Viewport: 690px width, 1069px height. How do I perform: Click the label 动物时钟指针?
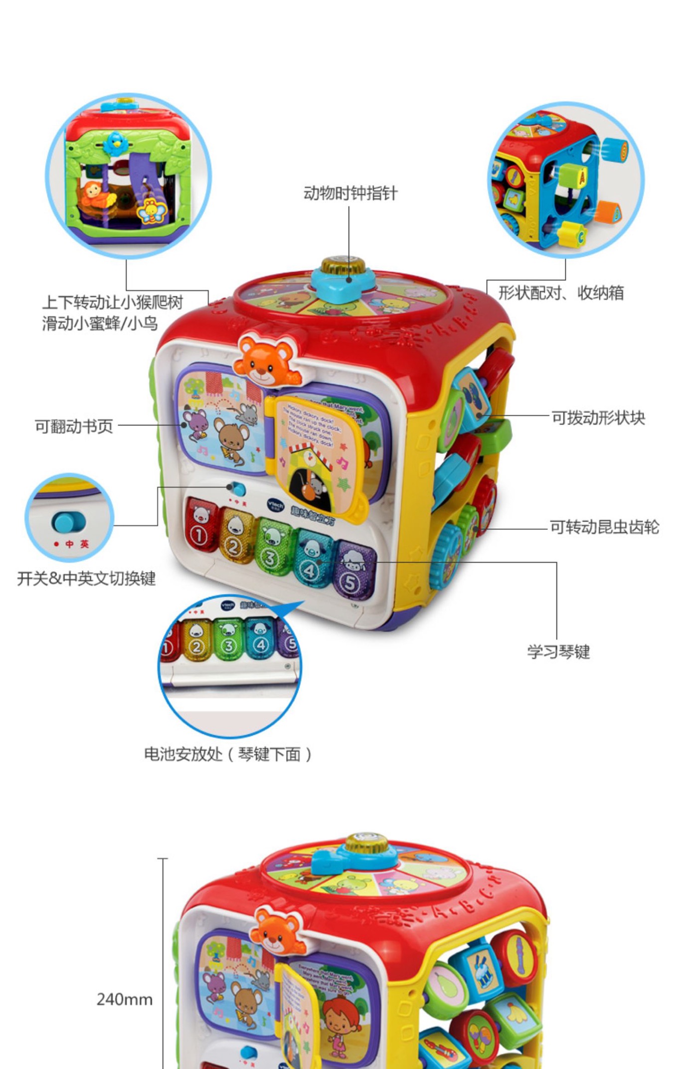350,193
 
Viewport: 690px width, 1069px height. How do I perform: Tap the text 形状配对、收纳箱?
561,293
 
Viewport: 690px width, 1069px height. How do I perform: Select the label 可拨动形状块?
598,418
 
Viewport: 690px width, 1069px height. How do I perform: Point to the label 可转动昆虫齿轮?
604,527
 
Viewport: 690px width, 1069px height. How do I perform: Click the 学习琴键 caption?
558,651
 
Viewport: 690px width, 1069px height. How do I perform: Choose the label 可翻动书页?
74,426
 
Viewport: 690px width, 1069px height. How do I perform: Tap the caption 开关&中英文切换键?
86,578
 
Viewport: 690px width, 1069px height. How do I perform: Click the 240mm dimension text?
125,999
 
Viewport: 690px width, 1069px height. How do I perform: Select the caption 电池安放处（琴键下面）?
228,754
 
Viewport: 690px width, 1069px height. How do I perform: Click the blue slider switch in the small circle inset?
68,522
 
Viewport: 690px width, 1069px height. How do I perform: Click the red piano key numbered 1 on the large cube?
200,525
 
